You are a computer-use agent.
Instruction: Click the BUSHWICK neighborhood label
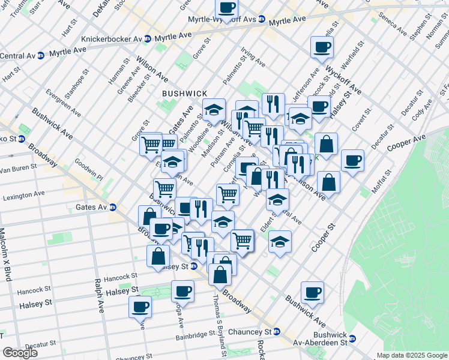coord(184,94)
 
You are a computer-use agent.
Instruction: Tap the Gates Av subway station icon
coord(113,208)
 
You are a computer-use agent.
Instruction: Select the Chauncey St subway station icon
coord(277,332)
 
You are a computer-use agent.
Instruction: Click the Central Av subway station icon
coord(40,56)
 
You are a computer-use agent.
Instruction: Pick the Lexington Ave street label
coord(23,196)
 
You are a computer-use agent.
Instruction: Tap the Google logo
coord(20,353)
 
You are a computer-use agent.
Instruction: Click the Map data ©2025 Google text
coord(412,355)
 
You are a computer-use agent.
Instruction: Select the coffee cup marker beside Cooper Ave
coord(352,160)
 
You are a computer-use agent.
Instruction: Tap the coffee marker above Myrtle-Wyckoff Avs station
coord(226,8)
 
